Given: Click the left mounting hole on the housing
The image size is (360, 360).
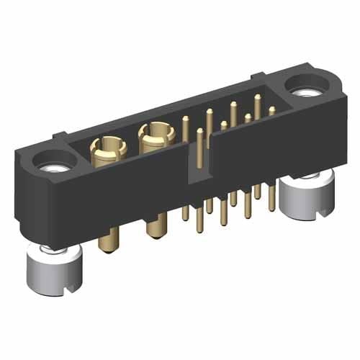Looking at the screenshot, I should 54,164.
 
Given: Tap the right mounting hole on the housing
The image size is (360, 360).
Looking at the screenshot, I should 303,89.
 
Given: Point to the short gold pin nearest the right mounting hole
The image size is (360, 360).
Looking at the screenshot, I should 271,112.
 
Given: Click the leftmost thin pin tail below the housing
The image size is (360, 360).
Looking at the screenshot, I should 185,213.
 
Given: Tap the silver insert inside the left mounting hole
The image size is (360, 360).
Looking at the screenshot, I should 55,168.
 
